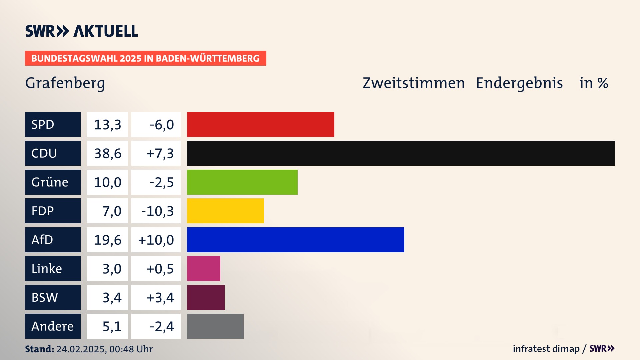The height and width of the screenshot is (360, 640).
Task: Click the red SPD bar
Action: [x=260, y=124]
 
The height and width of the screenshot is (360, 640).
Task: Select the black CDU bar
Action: [x=401, y=153]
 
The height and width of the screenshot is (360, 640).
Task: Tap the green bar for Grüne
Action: [x=242, y=182]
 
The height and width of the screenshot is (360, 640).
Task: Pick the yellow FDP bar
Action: [x=225, y=211]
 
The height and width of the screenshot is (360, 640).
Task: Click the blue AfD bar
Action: [x=295, y=240]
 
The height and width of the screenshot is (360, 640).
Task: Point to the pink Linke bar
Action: [x=203, y=269]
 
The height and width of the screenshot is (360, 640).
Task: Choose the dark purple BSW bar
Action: [x=206, y=297]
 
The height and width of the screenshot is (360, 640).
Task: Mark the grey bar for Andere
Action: [x=215, y=326]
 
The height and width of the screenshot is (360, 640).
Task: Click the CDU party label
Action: [x=53, y=153]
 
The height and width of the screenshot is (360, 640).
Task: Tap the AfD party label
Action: [x=53, y=240]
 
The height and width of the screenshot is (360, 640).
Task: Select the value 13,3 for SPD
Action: [x=107, y=125]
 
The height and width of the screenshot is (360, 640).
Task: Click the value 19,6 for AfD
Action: [x=107, y=240]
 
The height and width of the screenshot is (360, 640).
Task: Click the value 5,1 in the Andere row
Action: [x=112, y=326]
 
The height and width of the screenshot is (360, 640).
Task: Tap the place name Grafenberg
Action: [x=65, y=83]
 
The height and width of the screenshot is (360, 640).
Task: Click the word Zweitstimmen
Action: [x=413, y=83]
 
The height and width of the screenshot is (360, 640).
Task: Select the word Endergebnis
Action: [x=519, y=83]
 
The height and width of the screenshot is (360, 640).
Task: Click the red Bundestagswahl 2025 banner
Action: [x=145, y=58]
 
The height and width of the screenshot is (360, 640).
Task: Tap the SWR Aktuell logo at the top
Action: [x=82, y=31]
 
